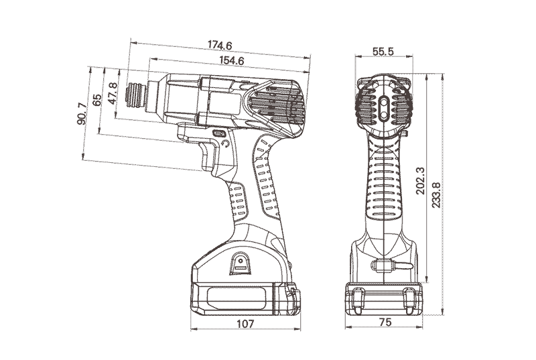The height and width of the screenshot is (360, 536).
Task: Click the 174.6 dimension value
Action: [x=220, y=45]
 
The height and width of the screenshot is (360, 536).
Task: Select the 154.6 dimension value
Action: [x=231, y=60]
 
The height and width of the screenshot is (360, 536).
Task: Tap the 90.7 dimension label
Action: [x=82, y=113]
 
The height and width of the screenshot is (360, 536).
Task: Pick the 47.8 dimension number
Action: [x=113, y=93]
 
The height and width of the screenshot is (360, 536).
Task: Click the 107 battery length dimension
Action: [x=245, y=323]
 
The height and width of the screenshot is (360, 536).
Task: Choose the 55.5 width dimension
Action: [x=383, y=51]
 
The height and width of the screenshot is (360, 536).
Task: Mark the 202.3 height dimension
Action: [x=420, y=180]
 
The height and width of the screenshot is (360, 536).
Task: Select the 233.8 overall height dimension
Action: [x=436, y=194]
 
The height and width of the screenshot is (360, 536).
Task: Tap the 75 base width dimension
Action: [x=385, y=322]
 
